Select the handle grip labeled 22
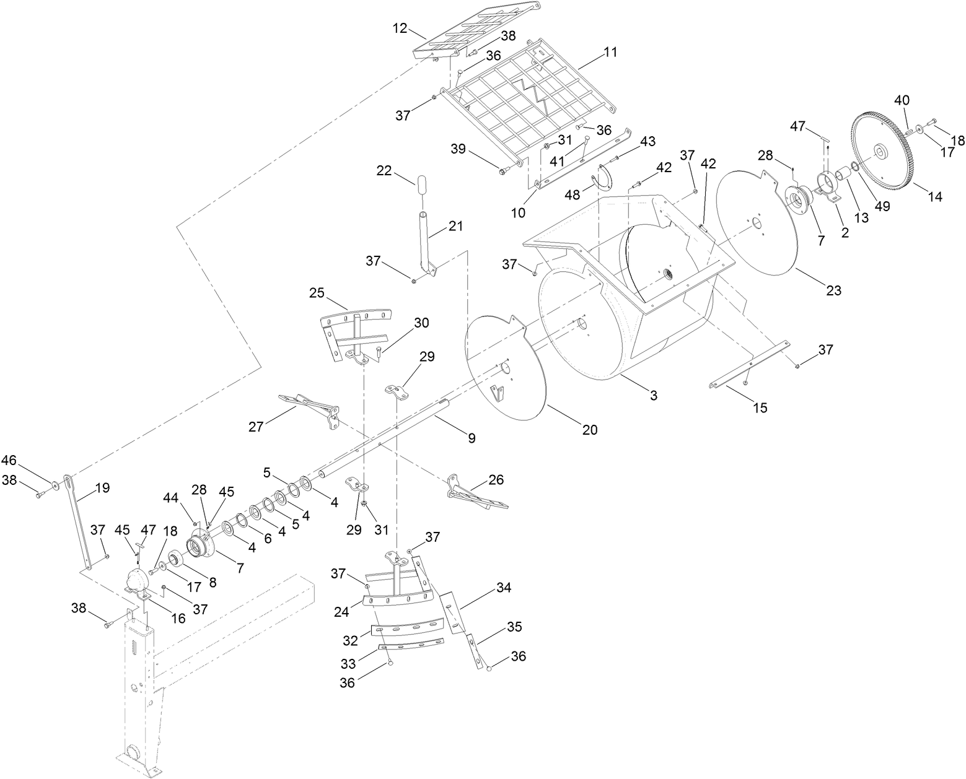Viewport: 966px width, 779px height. (421, 185)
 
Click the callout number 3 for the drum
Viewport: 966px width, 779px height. (653, 395)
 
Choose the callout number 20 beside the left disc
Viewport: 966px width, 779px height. (590, 429)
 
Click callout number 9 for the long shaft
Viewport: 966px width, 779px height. (472, 438)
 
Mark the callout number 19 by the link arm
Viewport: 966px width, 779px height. (102, 487)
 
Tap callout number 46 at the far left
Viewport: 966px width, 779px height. (9, 460)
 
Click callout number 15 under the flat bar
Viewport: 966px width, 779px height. (760, 407)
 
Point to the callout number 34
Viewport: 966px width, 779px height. (504, 588)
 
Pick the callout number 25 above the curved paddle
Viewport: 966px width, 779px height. (317, 292)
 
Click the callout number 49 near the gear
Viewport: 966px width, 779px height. (882, 207)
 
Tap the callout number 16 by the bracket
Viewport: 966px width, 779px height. (178, 619)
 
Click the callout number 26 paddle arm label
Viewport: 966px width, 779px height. (496, 479)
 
